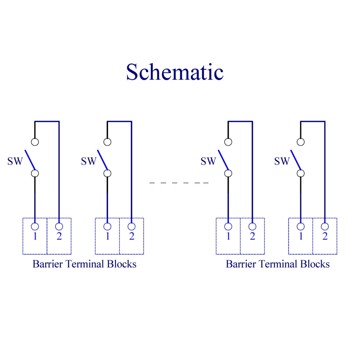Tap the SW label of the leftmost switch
(15, 161)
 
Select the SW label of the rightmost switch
(282, 161)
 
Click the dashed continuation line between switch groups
(179, 183)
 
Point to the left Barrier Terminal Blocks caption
(85, 264)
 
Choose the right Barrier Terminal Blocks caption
(278, 264)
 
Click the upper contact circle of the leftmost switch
(35, 141)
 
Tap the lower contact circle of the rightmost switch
(301, 174)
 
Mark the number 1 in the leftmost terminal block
(35, 237)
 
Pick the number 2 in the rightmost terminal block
(325, 237)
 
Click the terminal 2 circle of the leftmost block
(59, 226)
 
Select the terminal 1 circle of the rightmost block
(301, 226)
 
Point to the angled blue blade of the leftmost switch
(30, 159)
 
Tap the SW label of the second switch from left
(89, 161)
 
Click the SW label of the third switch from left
(208, 161)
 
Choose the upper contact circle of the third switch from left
(228, 141)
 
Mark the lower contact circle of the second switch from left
(107, 174)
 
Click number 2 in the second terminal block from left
(131, 237)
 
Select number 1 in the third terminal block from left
(228, 237)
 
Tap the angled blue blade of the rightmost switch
(296, 159)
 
